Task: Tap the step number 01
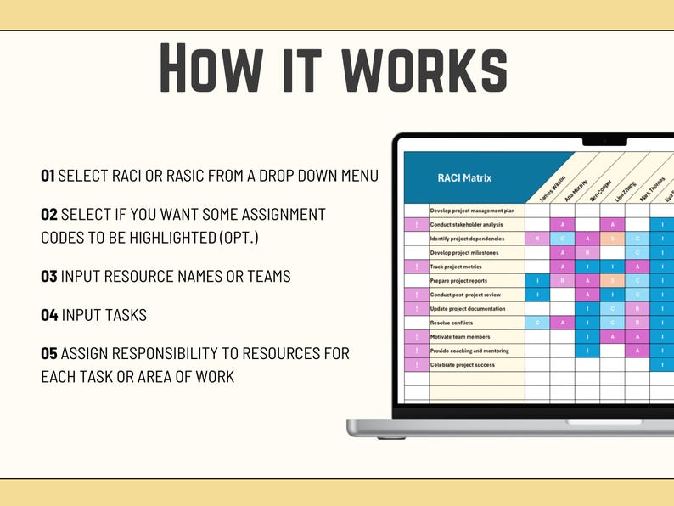[48, 176]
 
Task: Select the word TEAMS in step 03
[265, 276]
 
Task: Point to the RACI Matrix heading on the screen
[464, 177]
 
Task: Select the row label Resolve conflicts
[452, 323]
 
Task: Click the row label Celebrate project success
[462, 365]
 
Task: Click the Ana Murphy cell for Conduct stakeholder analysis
[562, 225]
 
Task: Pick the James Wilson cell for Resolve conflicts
[536, 323]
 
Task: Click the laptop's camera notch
[604, 141]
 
